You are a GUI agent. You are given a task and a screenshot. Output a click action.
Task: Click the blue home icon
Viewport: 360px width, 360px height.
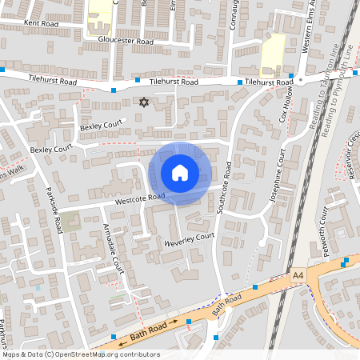click(x=180, y=173)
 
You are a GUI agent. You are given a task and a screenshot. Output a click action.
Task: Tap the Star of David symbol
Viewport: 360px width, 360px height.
click(x=144, y=102)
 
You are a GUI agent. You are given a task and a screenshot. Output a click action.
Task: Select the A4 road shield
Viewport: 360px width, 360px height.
click(x=298, y=275)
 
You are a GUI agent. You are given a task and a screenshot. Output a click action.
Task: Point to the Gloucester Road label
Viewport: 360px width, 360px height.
click(x=126, y=40)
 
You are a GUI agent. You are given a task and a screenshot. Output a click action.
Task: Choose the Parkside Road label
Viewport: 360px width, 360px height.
click(x=54, y=210)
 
